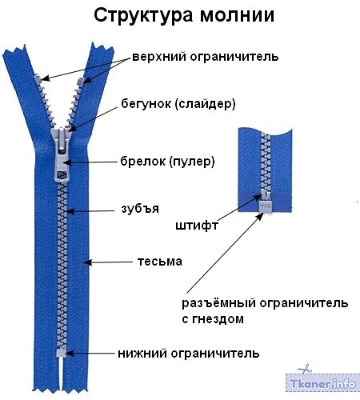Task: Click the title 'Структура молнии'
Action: coord(184,16)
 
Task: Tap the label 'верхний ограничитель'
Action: coord(206,57)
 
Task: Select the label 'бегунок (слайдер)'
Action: coord(178,104)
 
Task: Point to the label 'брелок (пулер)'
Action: coord(167,162)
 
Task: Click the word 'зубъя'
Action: coord(140,209)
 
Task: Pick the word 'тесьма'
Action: coord(160,262)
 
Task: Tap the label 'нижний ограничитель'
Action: coord(189,354)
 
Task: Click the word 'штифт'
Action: coord(197,226)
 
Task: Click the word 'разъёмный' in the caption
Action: coord(219,303)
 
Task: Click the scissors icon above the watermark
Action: coord(305,369)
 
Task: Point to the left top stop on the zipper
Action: coord(38,79)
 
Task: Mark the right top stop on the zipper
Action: coord(81,81)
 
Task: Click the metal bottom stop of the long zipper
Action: coord(61,353)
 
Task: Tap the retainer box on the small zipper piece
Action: coord(266,207)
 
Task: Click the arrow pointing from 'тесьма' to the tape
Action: coord(108,262)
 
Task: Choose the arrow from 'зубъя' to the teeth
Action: coord(91,211)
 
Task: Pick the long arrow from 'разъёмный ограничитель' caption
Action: coord(225,253)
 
